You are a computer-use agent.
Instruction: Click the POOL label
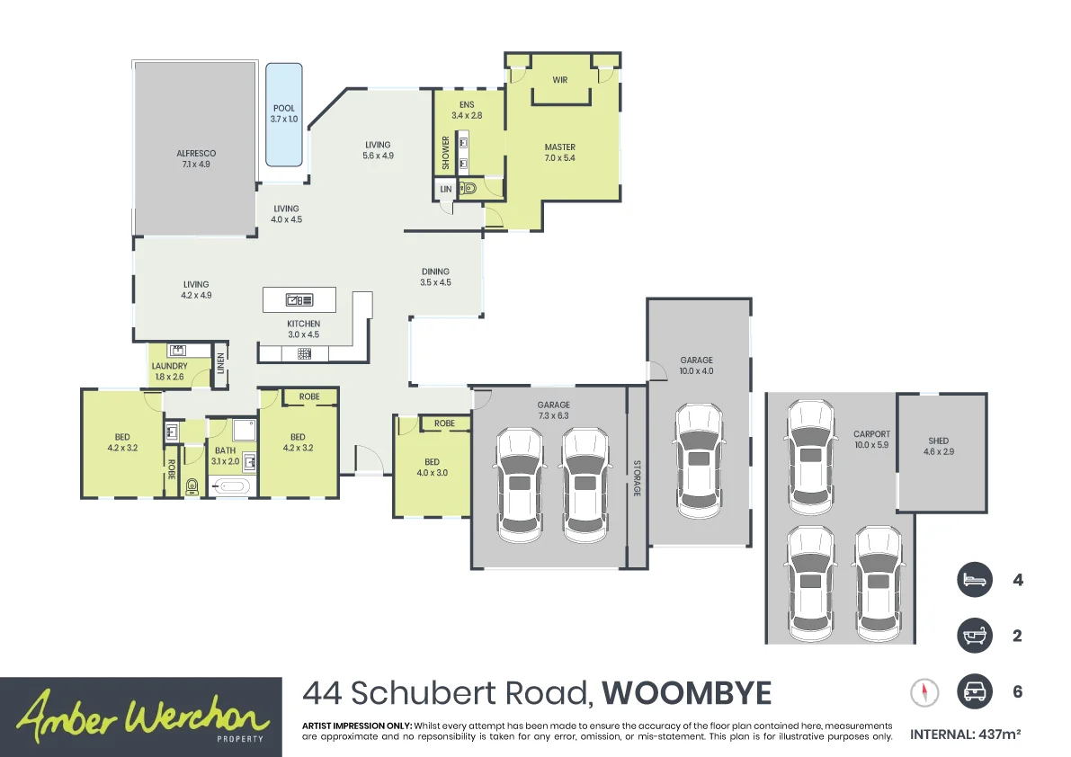click(283, 109)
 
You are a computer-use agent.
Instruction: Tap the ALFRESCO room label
click(196, 154)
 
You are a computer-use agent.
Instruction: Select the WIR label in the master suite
click(560, 81)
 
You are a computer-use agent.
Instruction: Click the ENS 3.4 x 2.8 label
click(466, 110)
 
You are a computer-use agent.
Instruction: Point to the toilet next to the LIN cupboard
click(469, 189)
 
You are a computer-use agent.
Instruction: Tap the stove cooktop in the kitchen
click(304, 353)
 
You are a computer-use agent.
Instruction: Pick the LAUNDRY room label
click(169, 366)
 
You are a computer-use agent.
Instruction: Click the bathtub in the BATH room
click(232, 486)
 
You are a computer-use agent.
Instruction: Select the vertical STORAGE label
click(637, 478)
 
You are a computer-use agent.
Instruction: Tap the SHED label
click(938, 441)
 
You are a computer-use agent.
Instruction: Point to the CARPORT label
click(871, 434)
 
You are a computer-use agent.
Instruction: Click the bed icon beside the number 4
click(974, 580)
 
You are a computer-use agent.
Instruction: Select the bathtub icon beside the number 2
click(974, 636)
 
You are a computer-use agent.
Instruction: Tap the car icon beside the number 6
click(974, 691)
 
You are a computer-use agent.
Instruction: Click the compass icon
click(924, 692)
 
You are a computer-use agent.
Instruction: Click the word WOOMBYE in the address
click(686, 694)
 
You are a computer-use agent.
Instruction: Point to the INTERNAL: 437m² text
click(965, 735)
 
